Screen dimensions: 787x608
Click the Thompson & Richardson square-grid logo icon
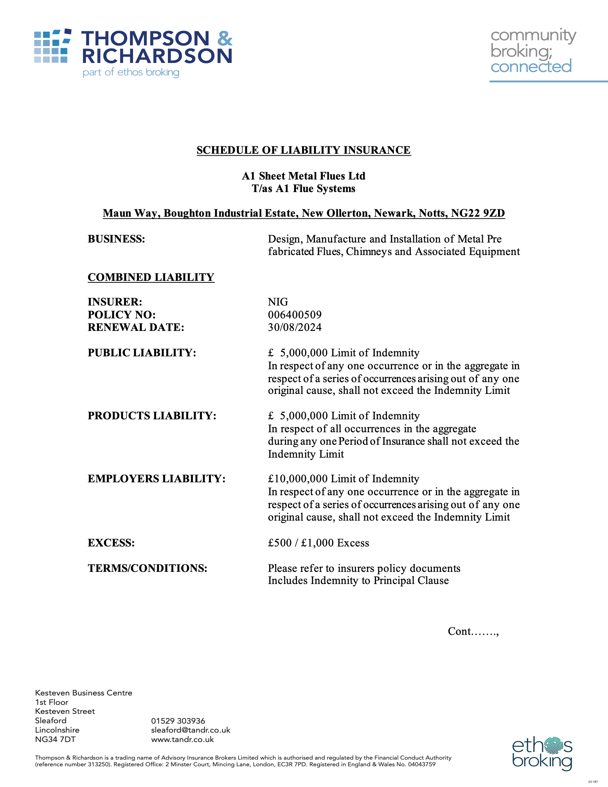tap(52, 46)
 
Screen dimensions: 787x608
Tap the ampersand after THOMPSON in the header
tap(225, 38)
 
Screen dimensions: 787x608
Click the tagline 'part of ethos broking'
tap(131, 72)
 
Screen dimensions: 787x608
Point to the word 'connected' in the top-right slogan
tap(531, 66)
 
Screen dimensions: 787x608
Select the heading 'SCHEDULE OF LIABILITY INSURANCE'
tap(304, 150)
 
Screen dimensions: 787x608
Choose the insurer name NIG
tap(278, 302)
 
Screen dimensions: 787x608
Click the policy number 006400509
tap(295, 315)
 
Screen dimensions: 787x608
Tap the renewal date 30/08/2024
tap(295, 327)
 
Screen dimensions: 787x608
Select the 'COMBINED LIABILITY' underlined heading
tap(151, 277)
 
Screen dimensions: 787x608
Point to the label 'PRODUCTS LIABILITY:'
tap(152, 416)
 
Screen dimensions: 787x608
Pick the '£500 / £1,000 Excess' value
tap(318, 543)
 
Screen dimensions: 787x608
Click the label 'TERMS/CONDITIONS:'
tap(148, 568)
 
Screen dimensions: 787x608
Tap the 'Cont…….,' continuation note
tap(473, 631)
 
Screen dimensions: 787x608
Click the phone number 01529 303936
tap(178, 721)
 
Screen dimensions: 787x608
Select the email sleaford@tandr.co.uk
tap(191, 730)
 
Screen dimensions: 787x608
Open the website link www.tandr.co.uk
tap(182, 740)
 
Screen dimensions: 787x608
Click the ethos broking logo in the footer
tap(542, 753)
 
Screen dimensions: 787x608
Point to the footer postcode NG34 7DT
tap(55, 740)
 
